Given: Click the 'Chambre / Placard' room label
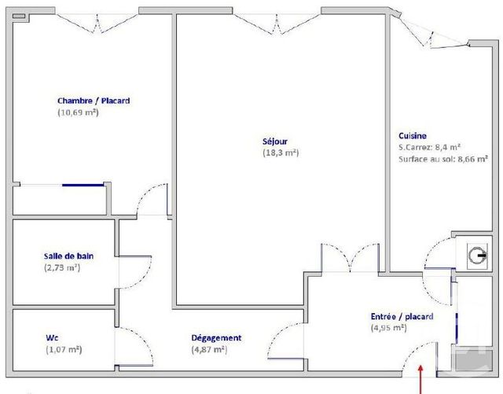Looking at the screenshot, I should (94, 101).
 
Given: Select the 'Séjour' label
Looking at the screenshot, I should (274, 142).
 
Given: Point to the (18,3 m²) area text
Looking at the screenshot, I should (281, 153).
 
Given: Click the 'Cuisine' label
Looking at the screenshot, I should (413, 135).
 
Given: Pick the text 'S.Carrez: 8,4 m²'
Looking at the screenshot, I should (429, 147).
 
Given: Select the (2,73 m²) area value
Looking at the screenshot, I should (62, 267).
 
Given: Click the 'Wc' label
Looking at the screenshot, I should (52, 338).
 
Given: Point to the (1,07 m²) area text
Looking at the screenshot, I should (64, 349).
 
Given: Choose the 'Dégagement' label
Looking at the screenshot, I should (216, 338).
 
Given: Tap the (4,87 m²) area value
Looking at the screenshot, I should (209, 349).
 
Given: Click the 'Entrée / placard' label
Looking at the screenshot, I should (402, 316).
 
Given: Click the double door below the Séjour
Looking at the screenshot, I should (351, 259).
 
